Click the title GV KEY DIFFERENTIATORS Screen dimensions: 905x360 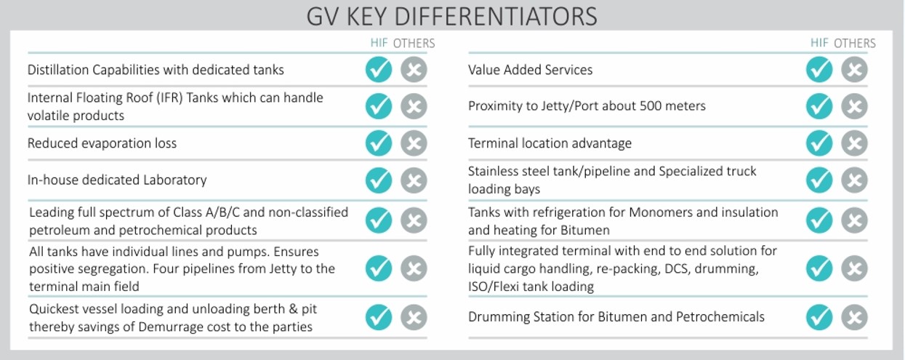[x=451, y=17]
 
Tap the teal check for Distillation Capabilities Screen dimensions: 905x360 [x=379, y=70]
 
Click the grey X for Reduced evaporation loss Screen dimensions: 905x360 [x=414, y=143]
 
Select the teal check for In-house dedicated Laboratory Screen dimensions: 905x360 [x=379, y=180]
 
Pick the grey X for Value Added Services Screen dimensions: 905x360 [x=855, y=70]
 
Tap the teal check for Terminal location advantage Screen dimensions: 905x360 [x=819, y=143]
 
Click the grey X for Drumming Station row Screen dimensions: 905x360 [x=855, y=317]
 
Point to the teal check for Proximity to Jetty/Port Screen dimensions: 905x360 [x=819, y=106]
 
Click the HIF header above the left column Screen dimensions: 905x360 [x=379, y=43]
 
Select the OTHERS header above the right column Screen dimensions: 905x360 [x=855, y=43]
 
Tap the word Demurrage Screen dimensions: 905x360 [x=180, y=327]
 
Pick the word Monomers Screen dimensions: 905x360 [x=661, y=212]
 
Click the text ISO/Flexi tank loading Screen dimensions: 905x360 [x=531, y=287]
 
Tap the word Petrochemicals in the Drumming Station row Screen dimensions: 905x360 [x=720, y=317]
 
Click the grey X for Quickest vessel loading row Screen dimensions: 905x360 [x=414, y=317]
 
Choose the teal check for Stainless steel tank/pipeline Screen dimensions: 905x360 [x=819, y=180]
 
